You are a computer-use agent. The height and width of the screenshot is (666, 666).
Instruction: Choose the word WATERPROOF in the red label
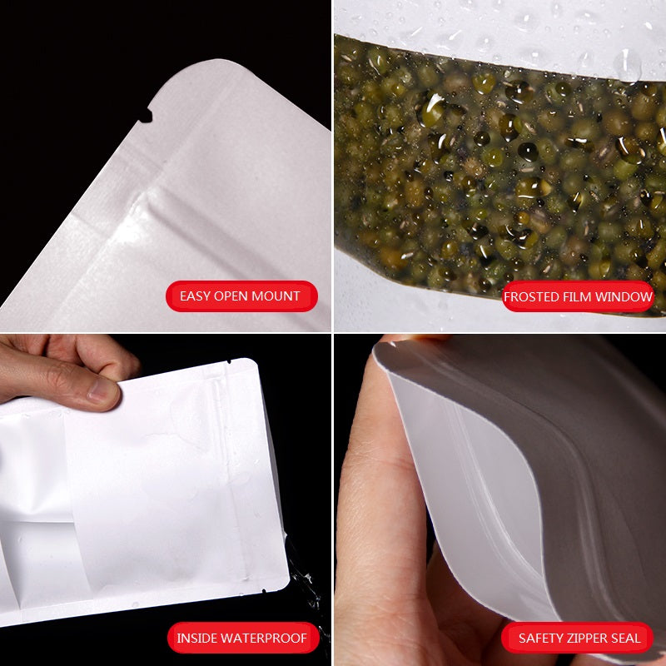pyautogui.click(x=263, y=638)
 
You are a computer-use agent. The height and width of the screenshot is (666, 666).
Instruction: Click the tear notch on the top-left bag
pyautogui.click(x=146, y=116)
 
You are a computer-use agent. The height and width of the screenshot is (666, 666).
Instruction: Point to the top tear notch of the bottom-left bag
pyautogui.click(x=228, y=362)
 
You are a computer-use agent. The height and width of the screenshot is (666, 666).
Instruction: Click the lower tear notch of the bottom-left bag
pyautogui.click(x=264, y=590)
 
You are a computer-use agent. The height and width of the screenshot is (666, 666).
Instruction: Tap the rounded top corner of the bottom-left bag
pyautogui.click(x=252, y=364)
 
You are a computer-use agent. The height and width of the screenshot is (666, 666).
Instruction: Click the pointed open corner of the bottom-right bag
pyautogui.click(x=378, y=346)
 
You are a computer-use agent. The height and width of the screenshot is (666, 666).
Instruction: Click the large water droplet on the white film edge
pyautogui.click(x=628, y=65)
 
